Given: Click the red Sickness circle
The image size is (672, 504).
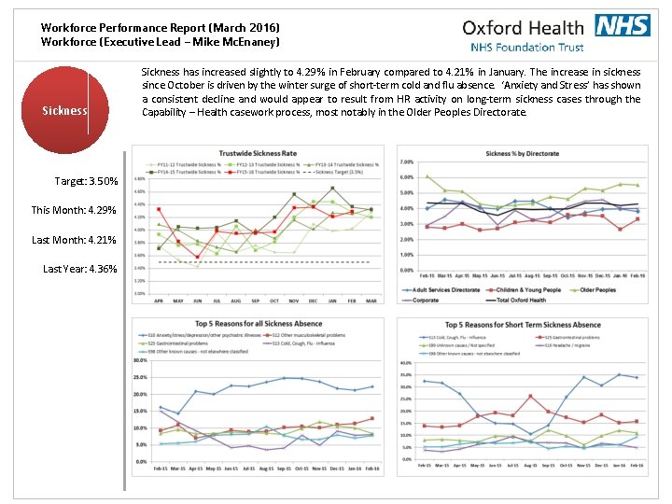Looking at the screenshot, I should click(x=64, y=110).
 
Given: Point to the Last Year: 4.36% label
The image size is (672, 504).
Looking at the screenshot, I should click(x=80, y=269).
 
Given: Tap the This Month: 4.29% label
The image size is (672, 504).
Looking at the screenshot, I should click(x=74, y=210).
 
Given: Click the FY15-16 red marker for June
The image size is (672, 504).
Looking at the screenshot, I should click(x=197, y=256).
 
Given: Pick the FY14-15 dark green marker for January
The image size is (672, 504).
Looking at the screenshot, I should click(x=332, y=188).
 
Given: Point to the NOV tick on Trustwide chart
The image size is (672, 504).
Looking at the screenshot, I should click(x=294, y=301).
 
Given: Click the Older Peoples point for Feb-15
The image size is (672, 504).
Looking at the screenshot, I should click(x=427, y=176).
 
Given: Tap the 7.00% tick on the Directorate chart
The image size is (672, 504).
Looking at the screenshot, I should click(x=408, y=161).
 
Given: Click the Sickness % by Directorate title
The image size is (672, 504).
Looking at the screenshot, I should click(x=522, y=152).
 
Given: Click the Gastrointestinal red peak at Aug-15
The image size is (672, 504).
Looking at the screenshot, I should click(x=530, y=397).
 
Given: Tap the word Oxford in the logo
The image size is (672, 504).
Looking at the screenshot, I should click(x=494, y=27).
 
